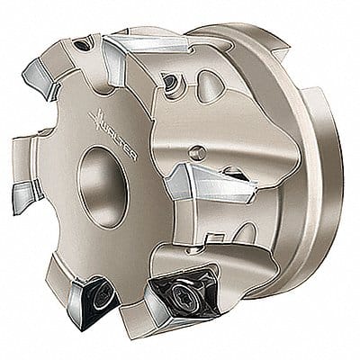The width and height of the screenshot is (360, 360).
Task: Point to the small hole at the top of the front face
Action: [x=83, y=43]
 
